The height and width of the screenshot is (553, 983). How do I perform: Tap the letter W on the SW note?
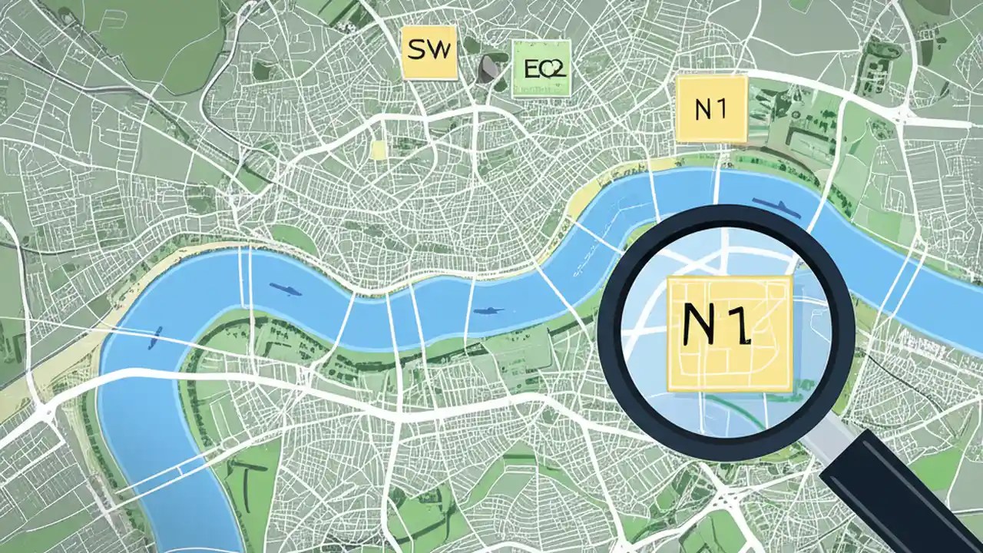click(439, 51)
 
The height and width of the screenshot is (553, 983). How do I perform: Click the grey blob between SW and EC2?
click(489, 68)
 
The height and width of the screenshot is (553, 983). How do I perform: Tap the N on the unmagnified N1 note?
click(702, 110)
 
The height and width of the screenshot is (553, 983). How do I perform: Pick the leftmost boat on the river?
click(157, 333)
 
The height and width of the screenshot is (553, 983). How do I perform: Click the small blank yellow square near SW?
click(377, 148)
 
